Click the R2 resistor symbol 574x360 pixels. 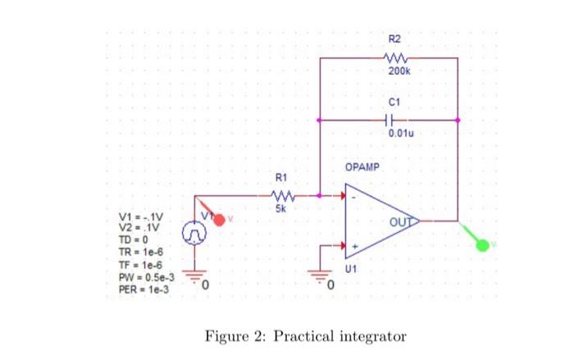[x=394, y=58]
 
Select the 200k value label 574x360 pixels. [x=394, y=72]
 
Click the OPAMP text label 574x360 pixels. [x=362, y=167]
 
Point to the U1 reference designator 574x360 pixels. [x=351, y=268]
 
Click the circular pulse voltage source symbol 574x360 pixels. [x=194, y=234]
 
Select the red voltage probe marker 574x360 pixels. [x=219, y=220]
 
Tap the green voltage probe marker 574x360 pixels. [x=483, y=245]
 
